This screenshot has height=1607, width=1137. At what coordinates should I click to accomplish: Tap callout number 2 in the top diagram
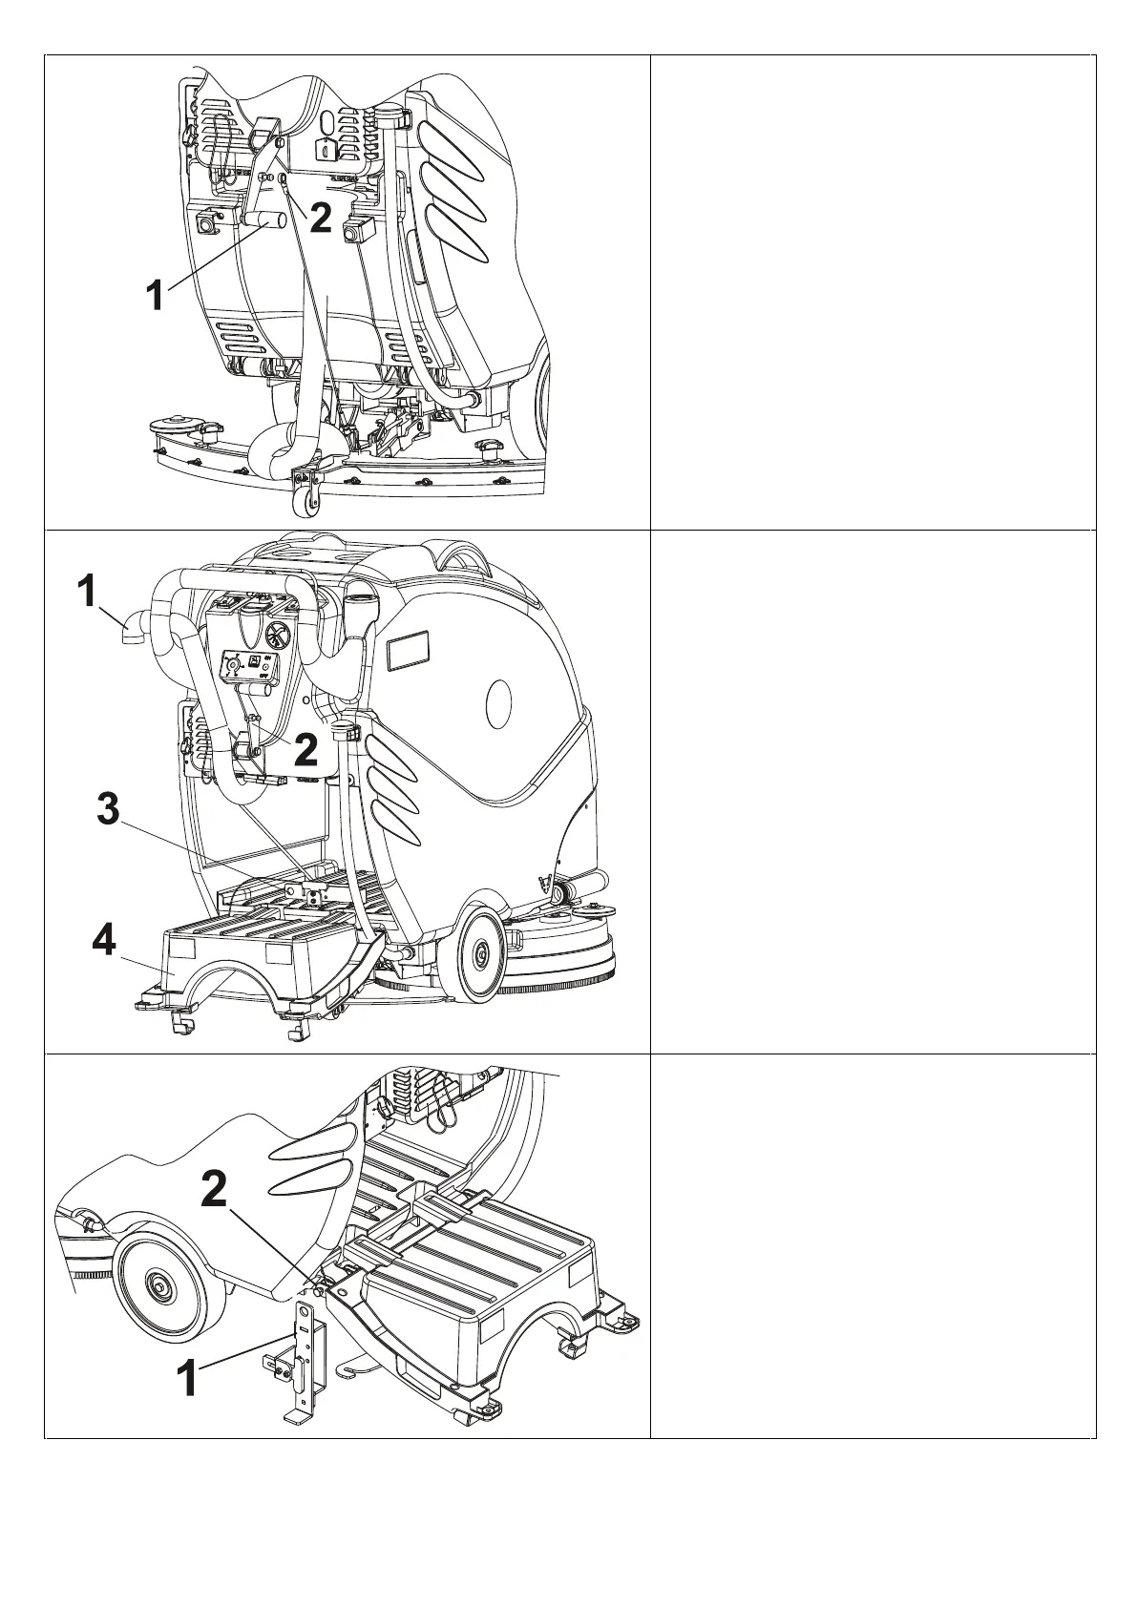pos(321,219)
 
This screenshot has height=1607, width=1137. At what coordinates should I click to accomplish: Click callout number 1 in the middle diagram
pos(87,592)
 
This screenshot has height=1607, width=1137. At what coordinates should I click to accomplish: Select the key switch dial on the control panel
pos(234,664)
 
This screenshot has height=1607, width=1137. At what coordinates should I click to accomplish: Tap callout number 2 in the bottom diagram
pos(214,1189)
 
